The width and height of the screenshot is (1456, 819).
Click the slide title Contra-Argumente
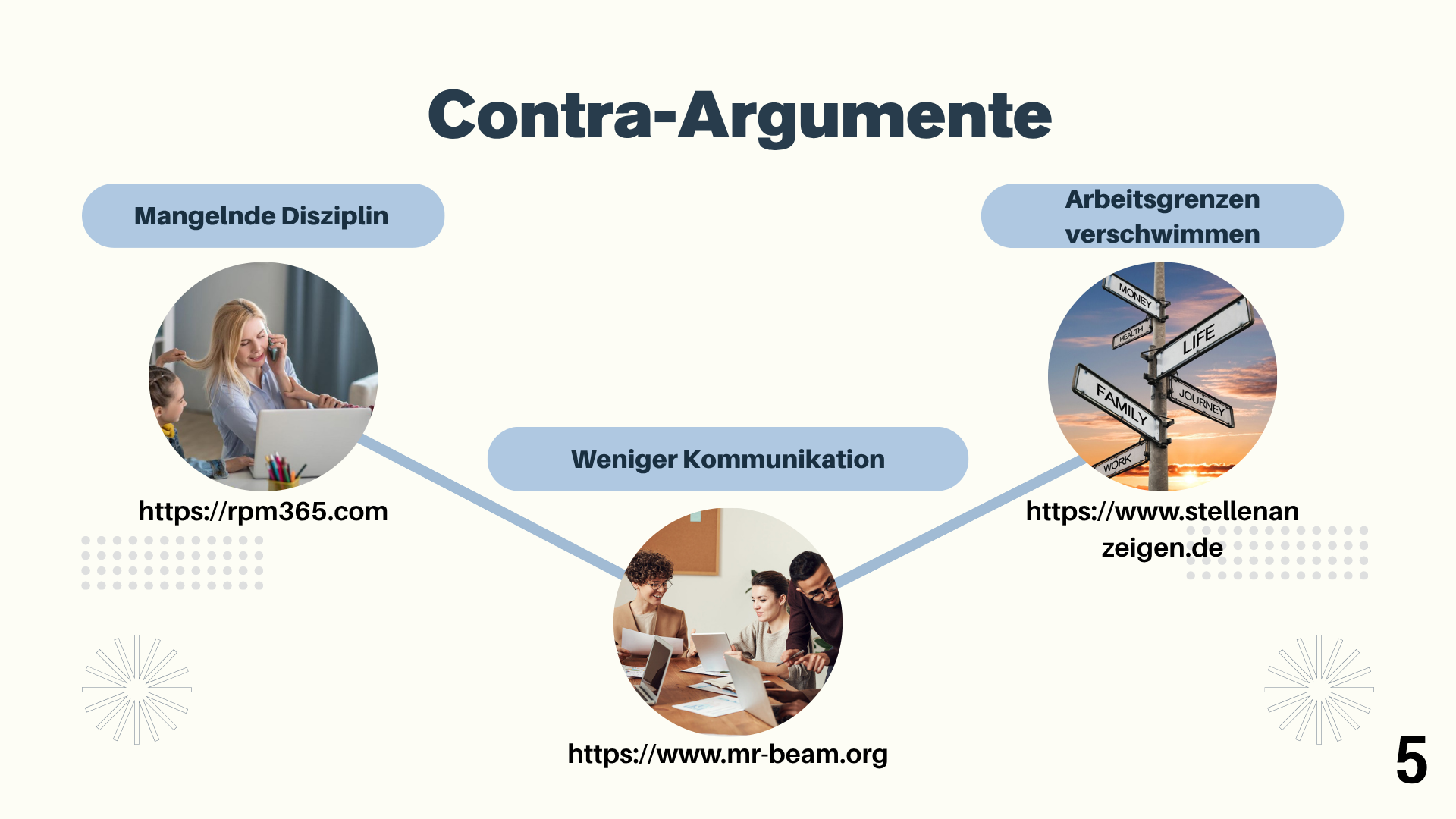tap(739, 116)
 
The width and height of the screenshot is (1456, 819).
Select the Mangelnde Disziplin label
tap(262, 216)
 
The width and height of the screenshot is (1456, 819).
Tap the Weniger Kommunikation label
tap(728, 460)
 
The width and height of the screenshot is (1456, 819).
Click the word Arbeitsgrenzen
tap(1162, 199)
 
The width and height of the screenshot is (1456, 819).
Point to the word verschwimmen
tap(1162, 234)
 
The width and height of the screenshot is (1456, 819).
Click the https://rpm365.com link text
tap(263, 512)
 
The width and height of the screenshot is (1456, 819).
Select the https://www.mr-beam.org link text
tap(728, 754)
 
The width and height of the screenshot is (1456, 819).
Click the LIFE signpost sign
tap(1202, 337)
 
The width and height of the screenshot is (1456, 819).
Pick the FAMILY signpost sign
tap(1119, 402)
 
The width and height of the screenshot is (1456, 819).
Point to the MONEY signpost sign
tap(1134, 294)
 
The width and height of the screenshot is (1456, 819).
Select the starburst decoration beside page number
tap(1319, 689)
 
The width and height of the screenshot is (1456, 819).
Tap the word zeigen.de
tap(1162, 548)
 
